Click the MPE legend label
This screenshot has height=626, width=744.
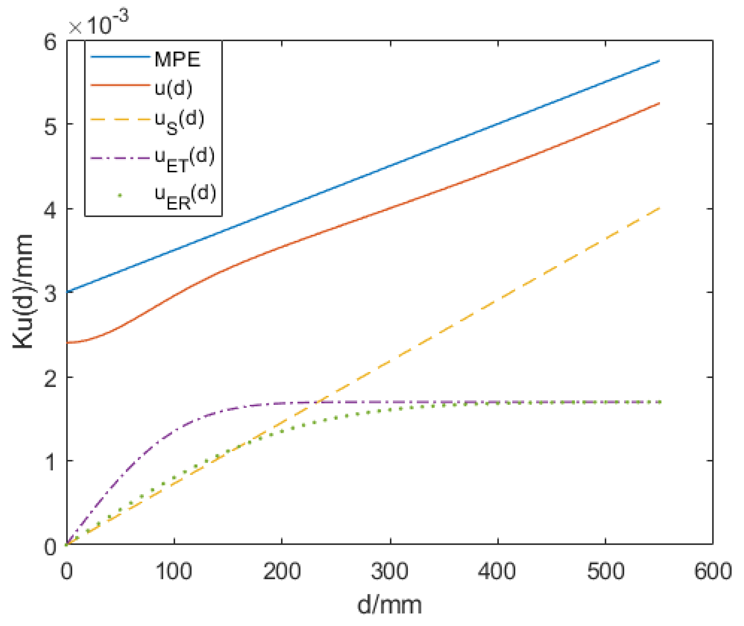(177, 59)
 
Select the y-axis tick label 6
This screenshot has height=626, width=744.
(50, 42)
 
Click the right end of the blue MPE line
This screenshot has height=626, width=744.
(659, 61)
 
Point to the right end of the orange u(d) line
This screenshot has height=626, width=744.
(659, 103)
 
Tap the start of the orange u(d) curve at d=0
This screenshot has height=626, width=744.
(67, 343)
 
